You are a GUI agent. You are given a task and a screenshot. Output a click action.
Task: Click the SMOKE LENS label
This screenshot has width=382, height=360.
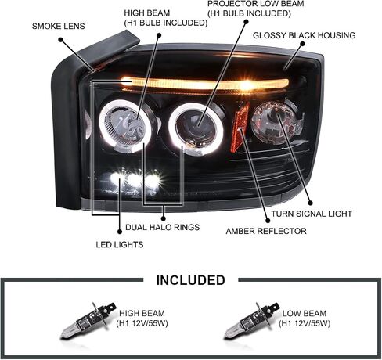59,26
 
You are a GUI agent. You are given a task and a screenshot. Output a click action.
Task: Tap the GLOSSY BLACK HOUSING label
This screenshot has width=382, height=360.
304,35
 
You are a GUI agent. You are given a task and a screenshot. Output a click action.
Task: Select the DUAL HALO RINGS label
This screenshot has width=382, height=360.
162,227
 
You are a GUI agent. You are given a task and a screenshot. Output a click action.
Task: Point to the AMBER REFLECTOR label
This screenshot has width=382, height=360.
266,231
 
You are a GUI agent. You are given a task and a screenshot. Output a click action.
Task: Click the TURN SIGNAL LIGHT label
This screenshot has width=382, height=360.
312,214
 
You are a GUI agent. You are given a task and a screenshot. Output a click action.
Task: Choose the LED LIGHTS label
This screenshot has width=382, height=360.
120,244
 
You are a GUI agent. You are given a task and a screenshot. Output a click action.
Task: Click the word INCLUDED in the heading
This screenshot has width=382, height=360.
190,280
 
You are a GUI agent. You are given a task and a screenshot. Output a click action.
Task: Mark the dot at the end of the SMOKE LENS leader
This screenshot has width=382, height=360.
61,40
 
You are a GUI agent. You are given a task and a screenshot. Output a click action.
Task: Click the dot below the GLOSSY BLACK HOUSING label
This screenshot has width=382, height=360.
302,44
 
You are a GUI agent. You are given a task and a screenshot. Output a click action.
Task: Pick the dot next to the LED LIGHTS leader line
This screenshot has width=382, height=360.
120,232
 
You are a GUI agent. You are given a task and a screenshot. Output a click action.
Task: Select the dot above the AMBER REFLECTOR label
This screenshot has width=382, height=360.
268,221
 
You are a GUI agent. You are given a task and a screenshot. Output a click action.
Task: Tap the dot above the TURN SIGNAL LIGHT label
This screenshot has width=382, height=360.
311,203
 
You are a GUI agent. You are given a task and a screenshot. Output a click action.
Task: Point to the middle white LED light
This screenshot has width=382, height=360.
135,179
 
